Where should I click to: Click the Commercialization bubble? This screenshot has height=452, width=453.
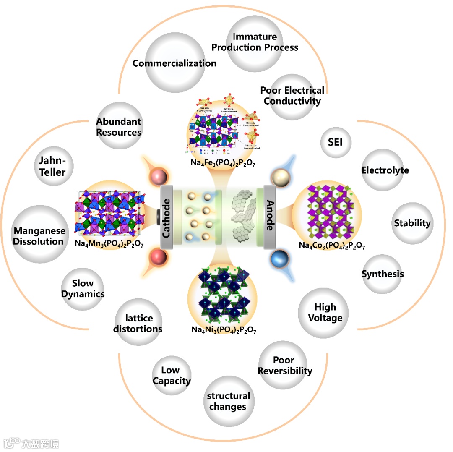[174, 63]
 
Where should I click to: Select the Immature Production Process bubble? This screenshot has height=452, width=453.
[255, 42]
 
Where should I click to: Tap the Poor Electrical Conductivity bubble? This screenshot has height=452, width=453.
[292, 96]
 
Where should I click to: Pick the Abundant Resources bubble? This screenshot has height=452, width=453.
[119, 126]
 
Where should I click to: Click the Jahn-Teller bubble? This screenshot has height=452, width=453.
[53, 166]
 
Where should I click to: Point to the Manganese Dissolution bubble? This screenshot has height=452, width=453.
[39, 235]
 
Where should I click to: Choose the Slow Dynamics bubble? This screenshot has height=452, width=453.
[83, 289]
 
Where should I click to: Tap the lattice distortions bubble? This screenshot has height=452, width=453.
[138, 323]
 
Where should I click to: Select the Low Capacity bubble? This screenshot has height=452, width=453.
[172, 375]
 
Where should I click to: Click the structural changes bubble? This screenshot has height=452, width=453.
[228, 401]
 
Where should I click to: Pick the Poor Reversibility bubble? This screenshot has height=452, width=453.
[284, 365]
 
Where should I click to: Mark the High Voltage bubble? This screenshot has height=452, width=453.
[325, 313]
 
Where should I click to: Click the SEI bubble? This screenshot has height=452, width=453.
[335, 142]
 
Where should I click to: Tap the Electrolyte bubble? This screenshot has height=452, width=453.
[385, 170]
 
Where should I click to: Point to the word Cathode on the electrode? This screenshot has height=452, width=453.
[167, 219]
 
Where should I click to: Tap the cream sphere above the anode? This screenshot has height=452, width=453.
[279, 179]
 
